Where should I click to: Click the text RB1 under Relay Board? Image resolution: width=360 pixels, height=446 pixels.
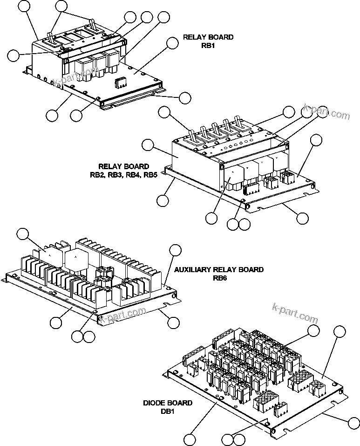[201, 46]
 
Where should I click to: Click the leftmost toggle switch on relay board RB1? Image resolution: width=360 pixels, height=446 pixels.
[49, 37]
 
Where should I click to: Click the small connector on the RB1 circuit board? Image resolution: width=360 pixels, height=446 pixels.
[121, 82]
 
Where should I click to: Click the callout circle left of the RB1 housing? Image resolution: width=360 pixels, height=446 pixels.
[14, 55]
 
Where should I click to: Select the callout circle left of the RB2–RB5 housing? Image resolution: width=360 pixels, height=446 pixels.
[148, 145]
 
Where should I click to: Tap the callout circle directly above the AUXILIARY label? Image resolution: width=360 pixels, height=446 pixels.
[175, 249]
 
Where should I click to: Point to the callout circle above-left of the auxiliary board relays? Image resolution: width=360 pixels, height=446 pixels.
[22, 234]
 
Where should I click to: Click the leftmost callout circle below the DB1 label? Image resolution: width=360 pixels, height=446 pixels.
[190, 439]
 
